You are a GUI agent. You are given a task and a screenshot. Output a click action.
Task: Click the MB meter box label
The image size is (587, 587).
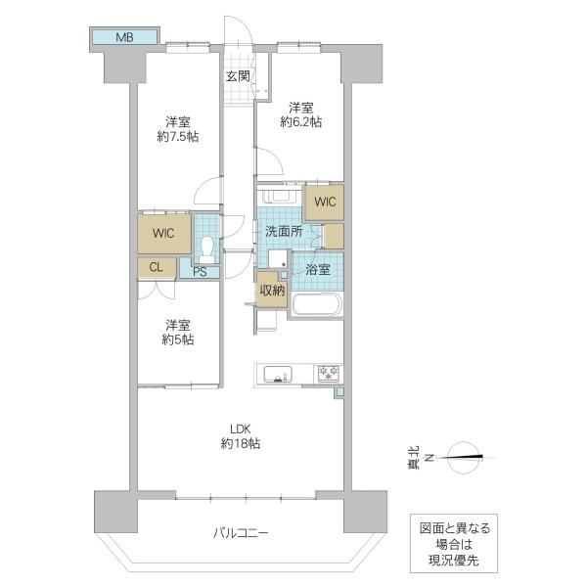pos(124,37)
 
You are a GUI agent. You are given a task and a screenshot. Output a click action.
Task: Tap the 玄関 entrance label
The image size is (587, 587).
pos(238,76)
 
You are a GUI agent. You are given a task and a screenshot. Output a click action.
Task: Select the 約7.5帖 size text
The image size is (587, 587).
pos(178,137)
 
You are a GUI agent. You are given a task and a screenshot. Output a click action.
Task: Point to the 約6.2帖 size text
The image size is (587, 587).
pos(301,122)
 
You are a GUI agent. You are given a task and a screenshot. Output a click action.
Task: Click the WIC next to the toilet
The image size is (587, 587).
pos(163,233)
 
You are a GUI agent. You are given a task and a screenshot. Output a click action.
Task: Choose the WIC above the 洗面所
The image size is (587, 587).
pos(325,202)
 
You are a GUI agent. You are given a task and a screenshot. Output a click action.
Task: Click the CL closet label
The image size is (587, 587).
pos(156,267)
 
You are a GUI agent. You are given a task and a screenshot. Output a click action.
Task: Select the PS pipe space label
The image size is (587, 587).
pos(201,272)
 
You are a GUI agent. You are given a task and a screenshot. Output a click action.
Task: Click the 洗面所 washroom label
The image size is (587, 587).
pos(284,231)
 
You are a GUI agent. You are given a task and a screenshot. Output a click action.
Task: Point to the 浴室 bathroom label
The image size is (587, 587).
pos(317,270)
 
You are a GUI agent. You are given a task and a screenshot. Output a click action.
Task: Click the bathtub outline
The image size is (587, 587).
pos(317,304)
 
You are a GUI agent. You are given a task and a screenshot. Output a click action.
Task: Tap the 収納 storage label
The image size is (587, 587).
pos(272,291)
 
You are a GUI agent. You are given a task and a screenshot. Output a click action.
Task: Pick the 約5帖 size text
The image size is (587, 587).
pos(178,339)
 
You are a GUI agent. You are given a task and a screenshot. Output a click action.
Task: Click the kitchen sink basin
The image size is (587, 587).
pos(278,375)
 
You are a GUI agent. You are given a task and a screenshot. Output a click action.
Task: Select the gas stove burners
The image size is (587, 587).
pos(329,374)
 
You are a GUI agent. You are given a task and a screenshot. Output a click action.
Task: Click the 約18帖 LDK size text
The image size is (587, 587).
pos(241,444)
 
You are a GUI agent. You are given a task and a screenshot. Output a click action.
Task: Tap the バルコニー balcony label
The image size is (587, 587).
pos(241,533)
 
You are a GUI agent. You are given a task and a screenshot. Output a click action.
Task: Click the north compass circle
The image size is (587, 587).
pos(464,457)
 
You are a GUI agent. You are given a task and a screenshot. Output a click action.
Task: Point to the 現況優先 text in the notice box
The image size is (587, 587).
pos(454,561)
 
